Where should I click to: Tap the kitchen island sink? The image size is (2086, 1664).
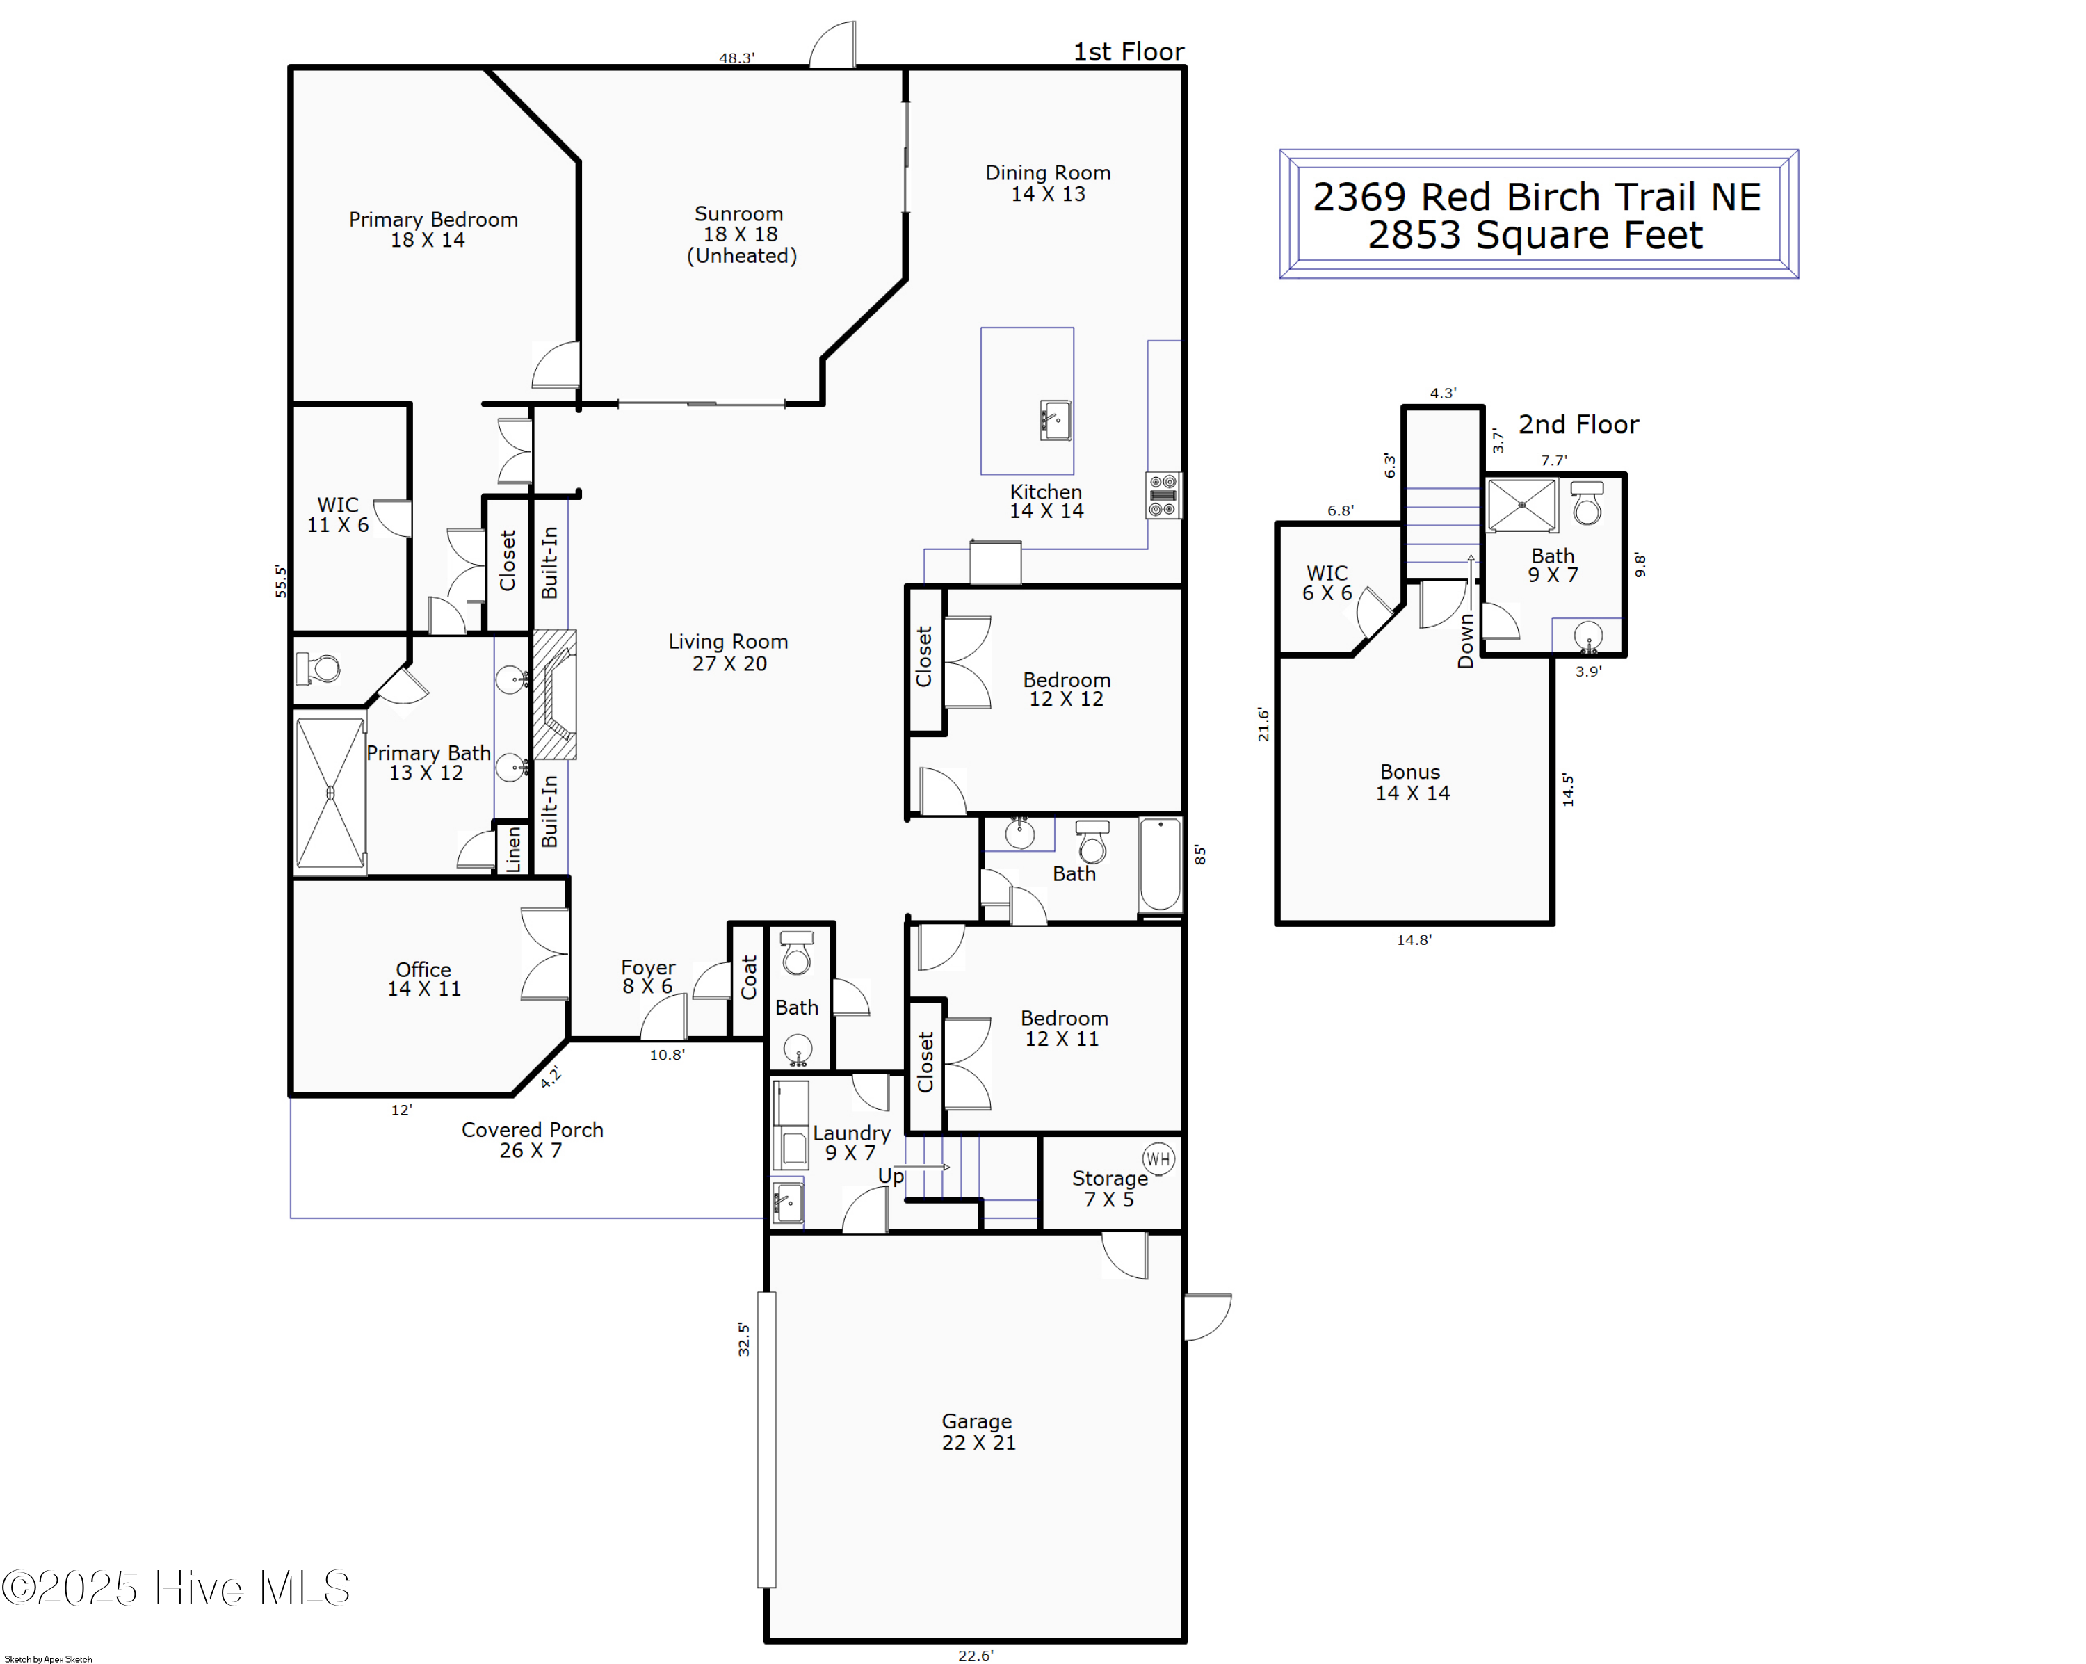point(1056,421)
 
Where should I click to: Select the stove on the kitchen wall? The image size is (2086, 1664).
point(1163,495)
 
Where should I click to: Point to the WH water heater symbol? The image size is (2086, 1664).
point(1158,1158)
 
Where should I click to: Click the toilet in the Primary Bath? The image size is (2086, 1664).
point(319,668)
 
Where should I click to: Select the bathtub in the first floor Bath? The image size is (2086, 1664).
point(1160,865)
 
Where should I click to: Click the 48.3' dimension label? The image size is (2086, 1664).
point(736,58)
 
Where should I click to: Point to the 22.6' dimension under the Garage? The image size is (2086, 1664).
point(976,1655)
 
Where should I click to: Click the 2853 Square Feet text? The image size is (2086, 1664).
point(1535,235)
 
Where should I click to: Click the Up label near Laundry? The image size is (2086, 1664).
point(890,1175)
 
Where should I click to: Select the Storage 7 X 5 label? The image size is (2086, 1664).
point(1109,1188)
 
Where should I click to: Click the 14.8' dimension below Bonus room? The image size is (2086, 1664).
point(1414,939)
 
